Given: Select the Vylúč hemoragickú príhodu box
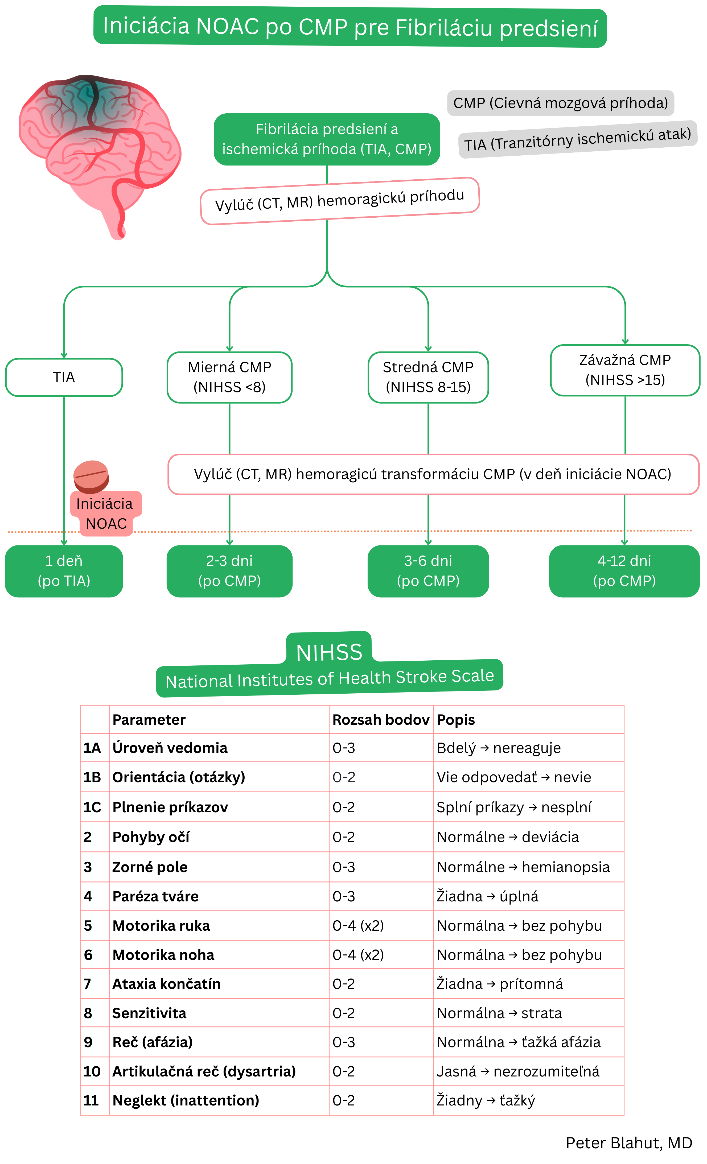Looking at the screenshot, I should point(340,201).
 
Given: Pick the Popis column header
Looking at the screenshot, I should point(455,719).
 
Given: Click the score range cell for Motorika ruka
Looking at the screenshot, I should point(358,925).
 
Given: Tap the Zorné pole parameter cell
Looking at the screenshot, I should point(150,867).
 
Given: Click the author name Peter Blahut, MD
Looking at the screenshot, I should point(628,1143).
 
